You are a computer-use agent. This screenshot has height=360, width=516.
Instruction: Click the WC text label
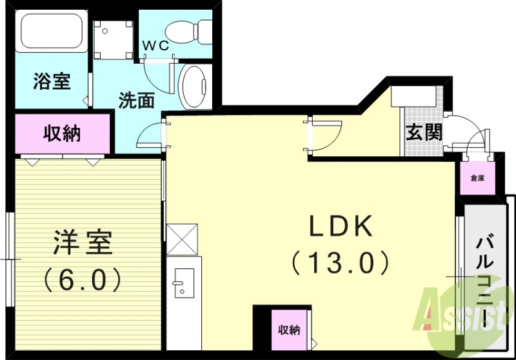[x=155, y=45]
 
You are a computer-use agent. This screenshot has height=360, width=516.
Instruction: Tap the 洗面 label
[x=137, y=101]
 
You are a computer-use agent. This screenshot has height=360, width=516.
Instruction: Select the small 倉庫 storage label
[x=477, y=178]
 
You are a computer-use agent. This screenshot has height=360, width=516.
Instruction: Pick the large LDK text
[x=341, y=226]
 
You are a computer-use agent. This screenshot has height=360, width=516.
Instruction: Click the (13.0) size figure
[x=341, y=262]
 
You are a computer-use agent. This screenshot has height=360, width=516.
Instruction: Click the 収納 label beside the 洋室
[x=62, y=134]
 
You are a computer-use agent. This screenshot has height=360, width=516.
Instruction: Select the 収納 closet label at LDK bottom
[x=288, y=330]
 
